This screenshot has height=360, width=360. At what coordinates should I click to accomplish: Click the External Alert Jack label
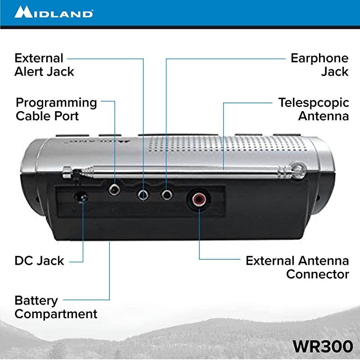pos(44,64)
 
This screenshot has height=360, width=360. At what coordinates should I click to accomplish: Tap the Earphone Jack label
pos(319,64)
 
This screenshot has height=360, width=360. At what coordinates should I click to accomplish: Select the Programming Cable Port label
pos(56,109)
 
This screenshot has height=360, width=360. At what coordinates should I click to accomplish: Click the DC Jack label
pos(40,261)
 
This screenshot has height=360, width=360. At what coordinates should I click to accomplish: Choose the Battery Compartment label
pos(56,307)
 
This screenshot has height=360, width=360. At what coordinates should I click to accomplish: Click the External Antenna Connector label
pos(297,267)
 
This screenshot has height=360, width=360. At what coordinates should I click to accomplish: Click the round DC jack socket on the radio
pos(81,197)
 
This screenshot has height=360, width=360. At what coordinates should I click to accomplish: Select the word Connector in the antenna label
pos(318,274)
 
